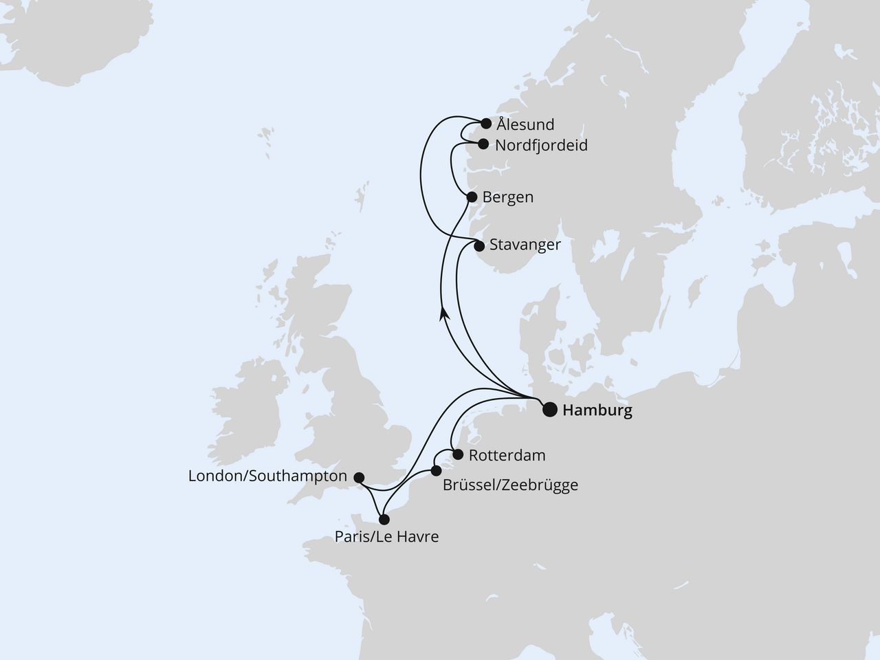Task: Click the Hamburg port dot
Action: coord(550,410)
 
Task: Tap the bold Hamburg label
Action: coord(597,411)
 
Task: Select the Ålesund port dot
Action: coord(486,124)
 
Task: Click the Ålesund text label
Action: coord(526,125)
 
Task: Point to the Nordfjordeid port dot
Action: coord(483,144)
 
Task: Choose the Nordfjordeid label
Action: coord(541,146)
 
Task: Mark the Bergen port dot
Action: coord(472,197)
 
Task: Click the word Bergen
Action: coord(507,197)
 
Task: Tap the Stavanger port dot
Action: coord(479,245)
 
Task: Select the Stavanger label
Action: coord(525,245)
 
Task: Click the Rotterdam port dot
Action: coord(457,454)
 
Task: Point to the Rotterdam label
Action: coord(507,455)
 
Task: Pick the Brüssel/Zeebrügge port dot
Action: coord(436,471)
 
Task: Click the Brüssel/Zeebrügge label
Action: coord(510,485)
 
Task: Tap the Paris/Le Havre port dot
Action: coord(384,520)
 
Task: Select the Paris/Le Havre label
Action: coord(386,537)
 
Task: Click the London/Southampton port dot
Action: coord(358,476)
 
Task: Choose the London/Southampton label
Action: coord(267,476)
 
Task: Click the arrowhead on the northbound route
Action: coord(445,313)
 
